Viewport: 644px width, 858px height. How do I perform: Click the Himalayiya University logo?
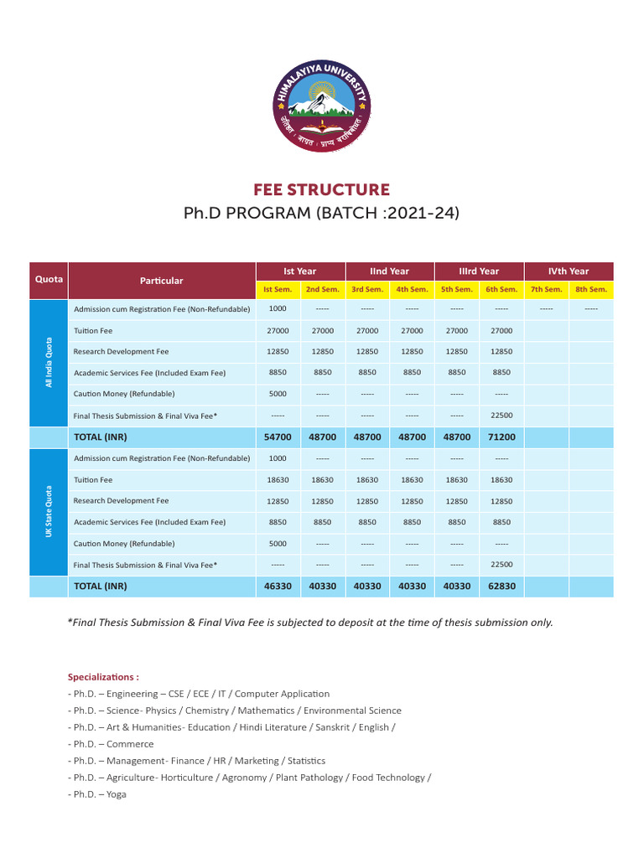point(322,108)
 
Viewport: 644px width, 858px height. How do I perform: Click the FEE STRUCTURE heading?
point(322,190)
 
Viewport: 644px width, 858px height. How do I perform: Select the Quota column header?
point(49,280)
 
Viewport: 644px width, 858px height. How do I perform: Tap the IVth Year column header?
point(569,271)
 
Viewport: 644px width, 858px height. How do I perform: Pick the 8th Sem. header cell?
point(591,289)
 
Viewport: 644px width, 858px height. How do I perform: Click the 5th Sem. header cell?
point(457,289)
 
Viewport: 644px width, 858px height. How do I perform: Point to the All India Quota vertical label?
point(49,363)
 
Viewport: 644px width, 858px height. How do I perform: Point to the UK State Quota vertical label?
point(49,512)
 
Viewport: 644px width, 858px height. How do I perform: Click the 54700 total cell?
point(278,437)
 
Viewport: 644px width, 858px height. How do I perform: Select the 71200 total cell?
point(501,437)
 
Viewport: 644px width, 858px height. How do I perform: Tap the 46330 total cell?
point(278,587)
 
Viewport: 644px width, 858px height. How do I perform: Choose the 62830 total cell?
point(501,587)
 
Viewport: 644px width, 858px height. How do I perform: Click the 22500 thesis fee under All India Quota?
point(501,415)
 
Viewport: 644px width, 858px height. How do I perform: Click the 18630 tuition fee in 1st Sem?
point(278,480)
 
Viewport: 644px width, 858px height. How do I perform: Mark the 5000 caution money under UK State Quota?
point(278,543)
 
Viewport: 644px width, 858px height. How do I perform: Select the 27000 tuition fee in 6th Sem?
point(501,331)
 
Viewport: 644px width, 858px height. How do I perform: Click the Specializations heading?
point(103,676)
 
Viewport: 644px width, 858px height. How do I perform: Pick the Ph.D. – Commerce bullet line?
point(111,744)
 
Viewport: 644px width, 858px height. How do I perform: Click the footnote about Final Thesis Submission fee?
point(310,623)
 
